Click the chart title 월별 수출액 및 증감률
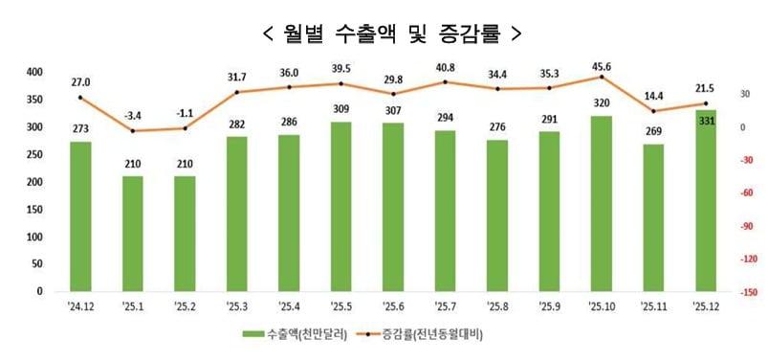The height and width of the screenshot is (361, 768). [x=392, y=33]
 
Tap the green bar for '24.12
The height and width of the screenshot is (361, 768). [x=80, y=216]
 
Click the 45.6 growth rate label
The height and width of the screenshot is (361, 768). [x=603, y=66]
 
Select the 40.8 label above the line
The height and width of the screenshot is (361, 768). [x=446, y=68]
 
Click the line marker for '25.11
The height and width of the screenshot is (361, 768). [x=654, y=111]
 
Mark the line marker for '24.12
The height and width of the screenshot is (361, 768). [x=80, y=98]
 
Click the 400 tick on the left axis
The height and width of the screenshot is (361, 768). [x=33, y=72]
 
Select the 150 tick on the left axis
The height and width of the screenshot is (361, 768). [x=33, y=209]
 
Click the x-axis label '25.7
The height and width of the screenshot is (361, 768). [x=446, y=305]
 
